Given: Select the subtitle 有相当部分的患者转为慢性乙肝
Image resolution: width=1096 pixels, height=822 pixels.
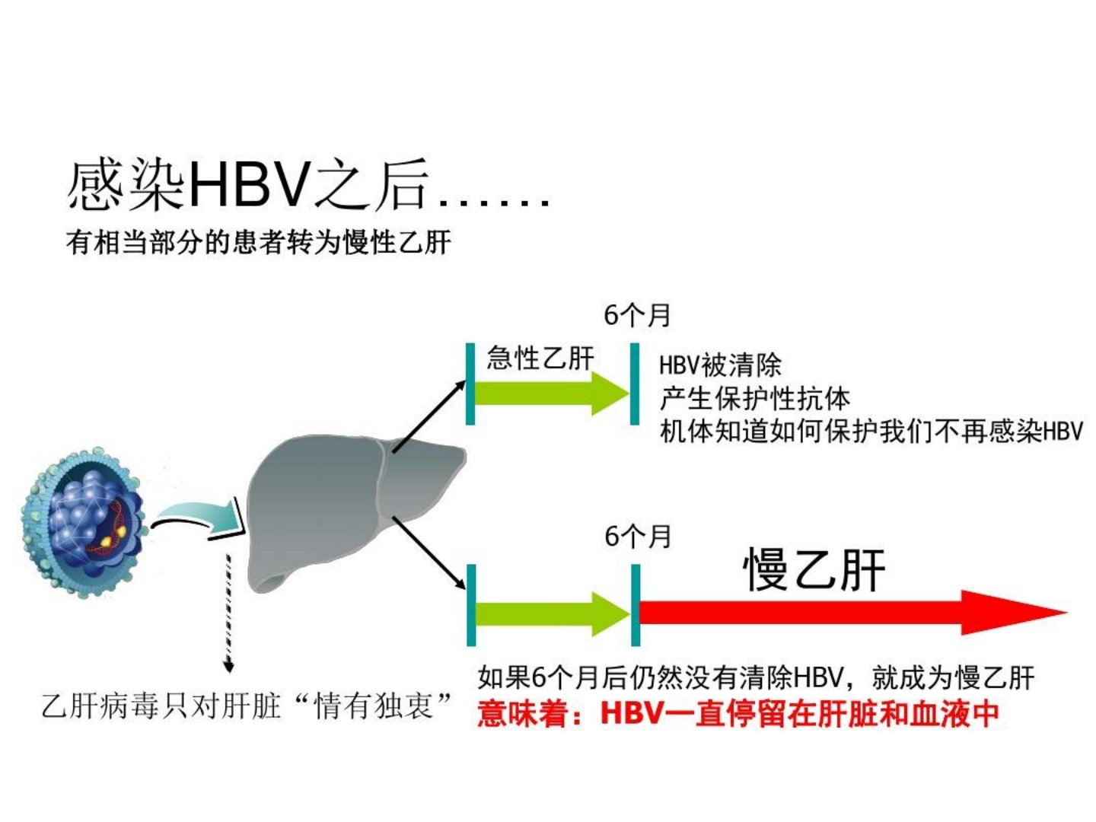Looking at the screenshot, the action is click(259, 242).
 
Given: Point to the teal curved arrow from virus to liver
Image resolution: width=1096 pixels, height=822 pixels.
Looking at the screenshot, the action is click(199, 519).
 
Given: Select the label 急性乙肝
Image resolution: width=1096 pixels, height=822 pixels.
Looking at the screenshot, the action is click(540, 358).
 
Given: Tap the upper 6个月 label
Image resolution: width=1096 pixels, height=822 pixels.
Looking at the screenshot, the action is click(636, 315).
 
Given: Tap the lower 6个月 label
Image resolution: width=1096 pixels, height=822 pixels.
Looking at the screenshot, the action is click(637, 537).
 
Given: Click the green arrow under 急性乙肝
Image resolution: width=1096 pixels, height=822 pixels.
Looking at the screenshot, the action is click(552, 393).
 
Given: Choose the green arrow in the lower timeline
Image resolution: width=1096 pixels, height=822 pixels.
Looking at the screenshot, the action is click(553, 615).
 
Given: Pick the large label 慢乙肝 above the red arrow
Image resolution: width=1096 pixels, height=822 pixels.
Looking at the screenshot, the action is click(814, 570).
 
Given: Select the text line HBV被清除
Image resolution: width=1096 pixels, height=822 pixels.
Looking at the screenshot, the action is click(720, 365).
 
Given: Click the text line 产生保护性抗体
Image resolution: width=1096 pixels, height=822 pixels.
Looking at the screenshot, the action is click(754, 398).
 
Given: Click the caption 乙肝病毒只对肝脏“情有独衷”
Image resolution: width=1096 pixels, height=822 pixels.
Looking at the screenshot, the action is click(247, 706).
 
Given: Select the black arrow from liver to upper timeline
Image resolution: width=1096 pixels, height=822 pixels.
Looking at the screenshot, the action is click(429, 416).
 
